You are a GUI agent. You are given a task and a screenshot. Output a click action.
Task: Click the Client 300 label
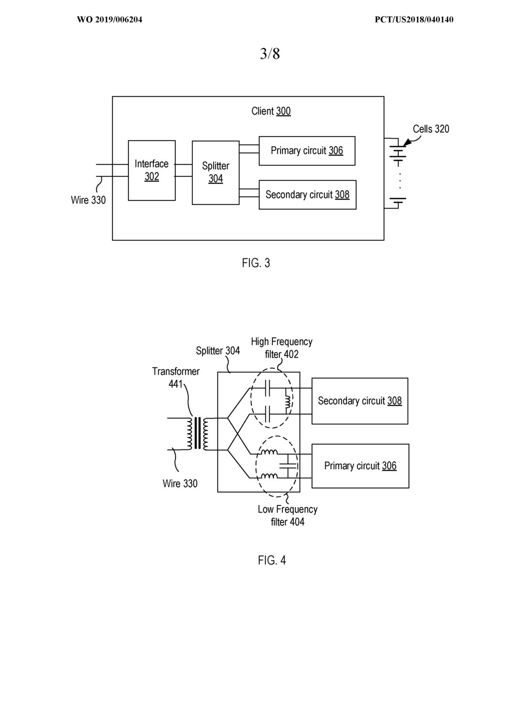[x=271, y=111]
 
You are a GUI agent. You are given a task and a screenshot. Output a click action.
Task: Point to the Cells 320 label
[x=431, y=129]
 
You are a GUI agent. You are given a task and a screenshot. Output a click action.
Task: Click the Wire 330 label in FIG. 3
[x=88, y=200]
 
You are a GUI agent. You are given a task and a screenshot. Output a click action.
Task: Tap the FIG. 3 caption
[x=256, y=263]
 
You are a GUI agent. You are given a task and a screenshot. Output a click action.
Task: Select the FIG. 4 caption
[x=272, y=560]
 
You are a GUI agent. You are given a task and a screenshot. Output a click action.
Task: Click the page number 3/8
[x=270, y=54]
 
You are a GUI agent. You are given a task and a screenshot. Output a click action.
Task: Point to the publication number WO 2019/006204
[x=109, y=20]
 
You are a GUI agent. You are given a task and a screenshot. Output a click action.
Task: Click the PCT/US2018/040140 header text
[x=414, y=20]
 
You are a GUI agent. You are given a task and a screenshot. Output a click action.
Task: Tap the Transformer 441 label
[x=176, y=377]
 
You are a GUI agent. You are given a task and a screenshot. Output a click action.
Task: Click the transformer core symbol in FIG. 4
[x=197, y=433]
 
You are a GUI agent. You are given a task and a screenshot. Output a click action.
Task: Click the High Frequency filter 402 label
[x=281, y=348]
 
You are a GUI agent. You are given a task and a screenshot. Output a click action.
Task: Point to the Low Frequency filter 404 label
[x=288, y=515]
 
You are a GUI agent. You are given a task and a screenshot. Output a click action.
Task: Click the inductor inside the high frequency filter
[x=288, y=401]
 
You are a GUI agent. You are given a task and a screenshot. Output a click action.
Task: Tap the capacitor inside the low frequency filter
[x=288, y=466]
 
